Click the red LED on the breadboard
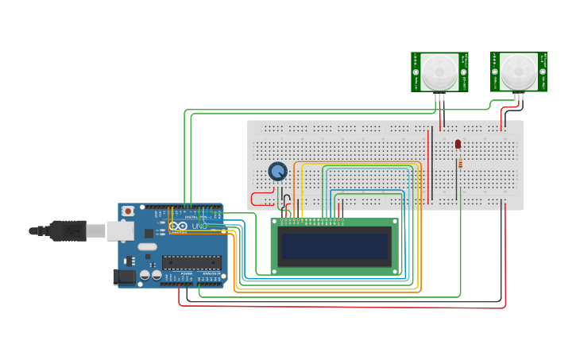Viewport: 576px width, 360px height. (x=458, y=144)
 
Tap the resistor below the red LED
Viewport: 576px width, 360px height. (x=459, y=164)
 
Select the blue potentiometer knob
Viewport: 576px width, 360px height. (x=277, y=171)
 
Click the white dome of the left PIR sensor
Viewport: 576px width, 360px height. (x=439, y=72)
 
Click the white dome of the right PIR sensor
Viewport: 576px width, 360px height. (x=519, y=72)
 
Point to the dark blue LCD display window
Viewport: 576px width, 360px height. (x=334, y=246)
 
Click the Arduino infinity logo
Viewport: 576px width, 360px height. (x=178, y=226)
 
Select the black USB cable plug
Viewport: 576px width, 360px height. (x=68, y=230)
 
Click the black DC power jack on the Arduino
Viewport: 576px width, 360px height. (x=124, y=277)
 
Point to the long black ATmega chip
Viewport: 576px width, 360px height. (x=191, y=261)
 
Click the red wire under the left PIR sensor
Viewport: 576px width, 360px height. (x=439, y=111)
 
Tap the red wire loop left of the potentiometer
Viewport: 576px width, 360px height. (x=258, y=199)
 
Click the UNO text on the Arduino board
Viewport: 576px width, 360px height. (x=199, y=226)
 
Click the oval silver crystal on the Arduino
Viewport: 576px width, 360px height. (x=148, y=247)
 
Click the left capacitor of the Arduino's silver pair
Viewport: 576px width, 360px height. (x=145, y=275)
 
